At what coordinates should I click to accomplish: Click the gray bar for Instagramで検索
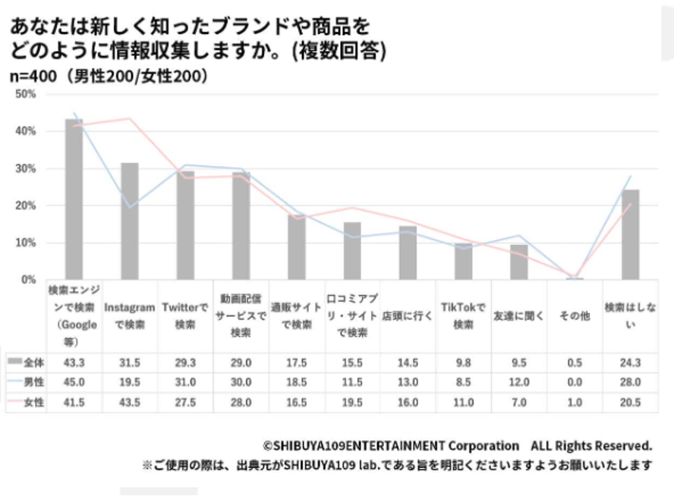(130, 221)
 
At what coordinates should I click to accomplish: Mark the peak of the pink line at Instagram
(130, 118)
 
